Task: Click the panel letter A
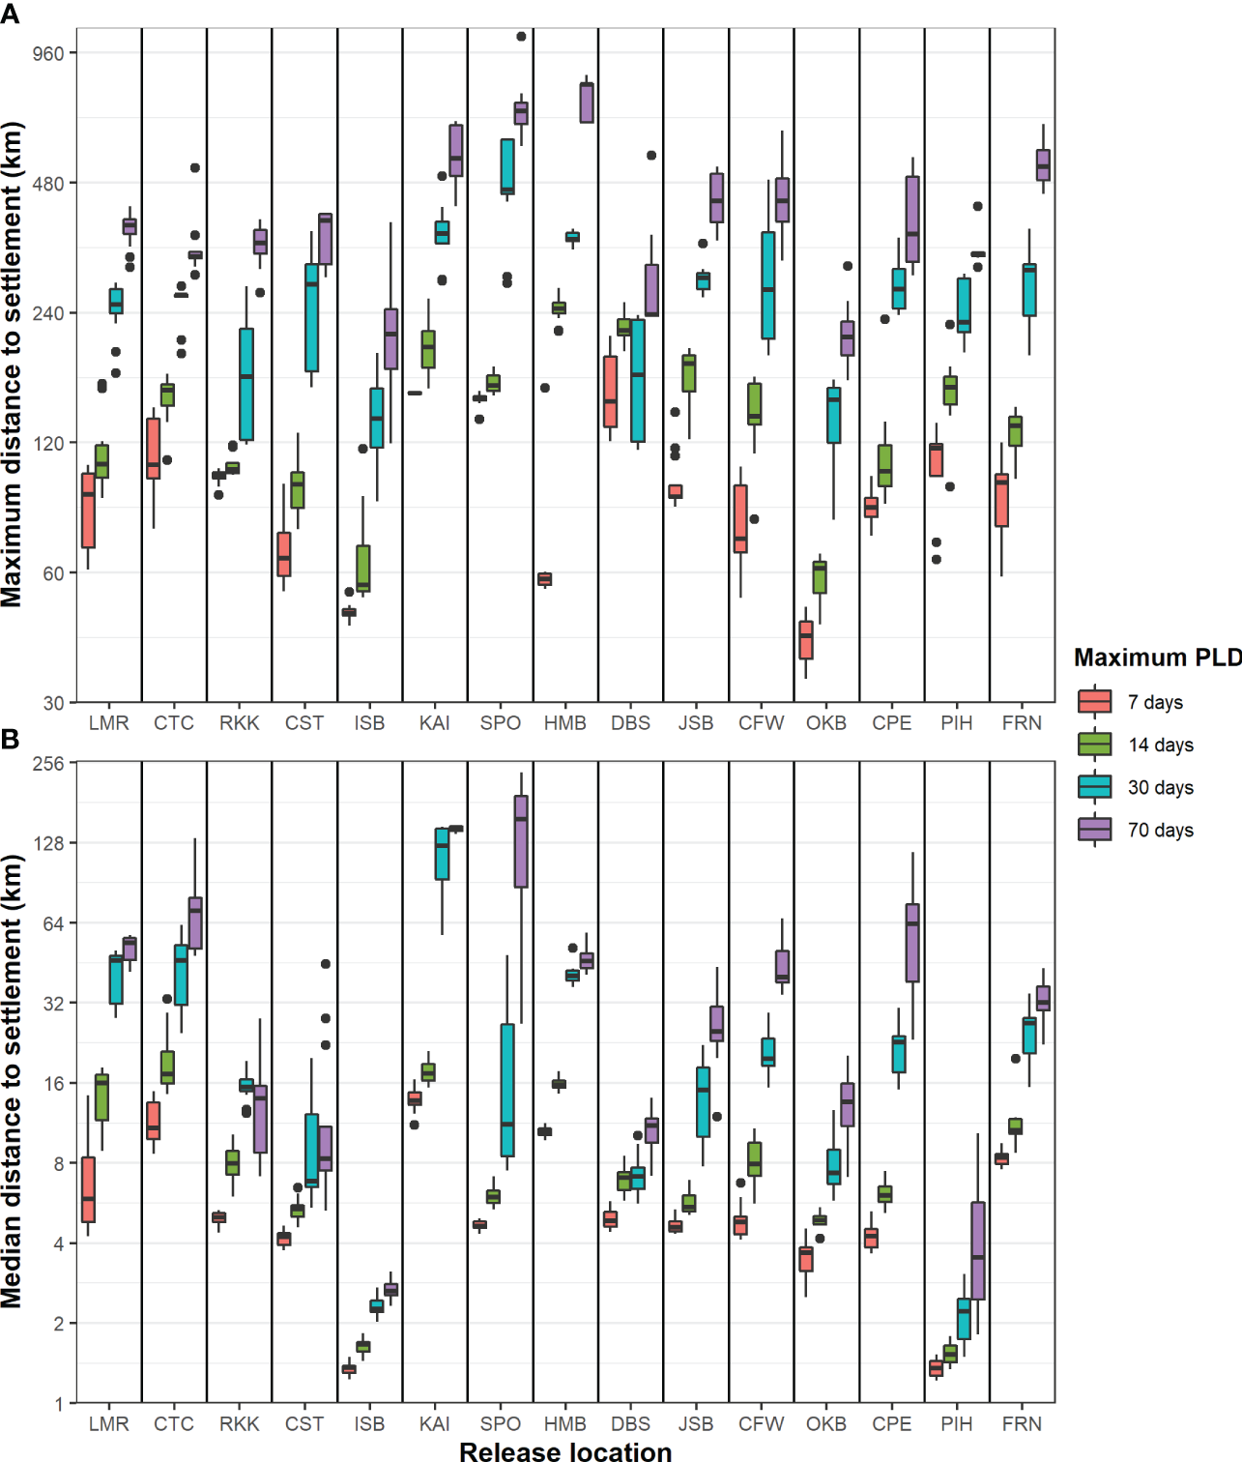coord(10,14)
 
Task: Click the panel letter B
coord(10,740)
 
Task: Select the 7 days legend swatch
coord(1094,702)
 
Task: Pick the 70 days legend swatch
coord(1094,830)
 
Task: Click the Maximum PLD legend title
coord(1157,658)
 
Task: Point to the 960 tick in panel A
coord(48,53)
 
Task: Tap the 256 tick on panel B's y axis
coord(48,764)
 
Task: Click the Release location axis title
coord(565,1450)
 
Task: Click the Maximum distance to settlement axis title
coord(12,365)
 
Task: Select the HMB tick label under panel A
coord(565,723)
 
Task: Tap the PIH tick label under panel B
coord(957,1423)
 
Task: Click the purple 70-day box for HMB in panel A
coord(587,102)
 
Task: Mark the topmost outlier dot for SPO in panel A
coord(521,37)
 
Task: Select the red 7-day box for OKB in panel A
coord(806,640)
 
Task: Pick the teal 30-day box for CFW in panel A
coord(768,285)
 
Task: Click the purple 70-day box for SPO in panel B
coord(521,841)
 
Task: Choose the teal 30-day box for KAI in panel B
coord(442,854)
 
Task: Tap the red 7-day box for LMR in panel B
coord(88,1189)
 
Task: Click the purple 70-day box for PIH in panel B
coord(978,1250)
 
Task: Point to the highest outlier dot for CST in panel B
coord(326,964)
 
